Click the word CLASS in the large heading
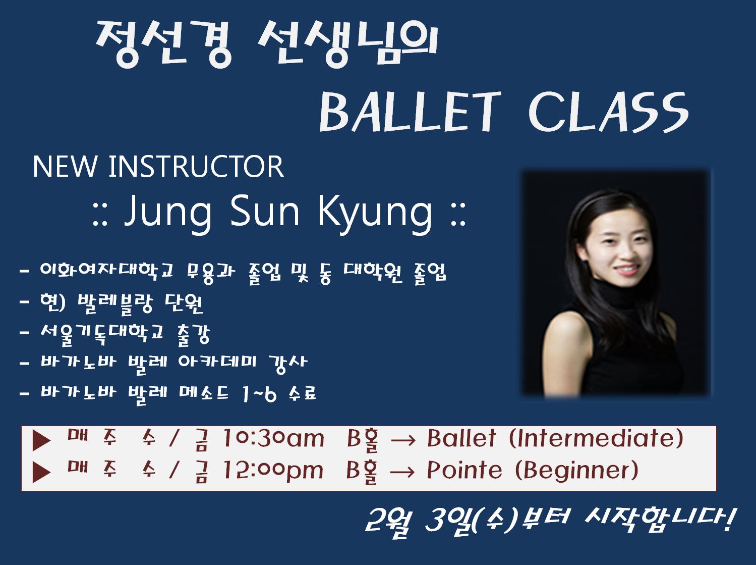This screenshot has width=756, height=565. (609, 113)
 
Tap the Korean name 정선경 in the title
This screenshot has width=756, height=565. (163, 44)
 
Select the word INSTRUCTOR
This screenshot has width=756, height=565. (196, 167)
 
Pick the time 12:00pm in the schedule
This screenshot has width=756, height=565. (272, 470)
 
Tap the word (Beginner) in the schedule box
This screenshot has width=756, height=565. (577, 470)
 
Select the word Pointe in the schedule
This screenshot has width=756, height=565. (464, 470)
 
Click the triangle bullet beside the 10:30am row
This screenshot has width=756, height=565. (41, 441)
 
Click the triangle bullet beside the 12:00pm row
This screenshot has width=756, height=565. (41, 472)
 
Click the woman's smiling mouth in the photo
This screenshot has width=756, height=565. (625, 270)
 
